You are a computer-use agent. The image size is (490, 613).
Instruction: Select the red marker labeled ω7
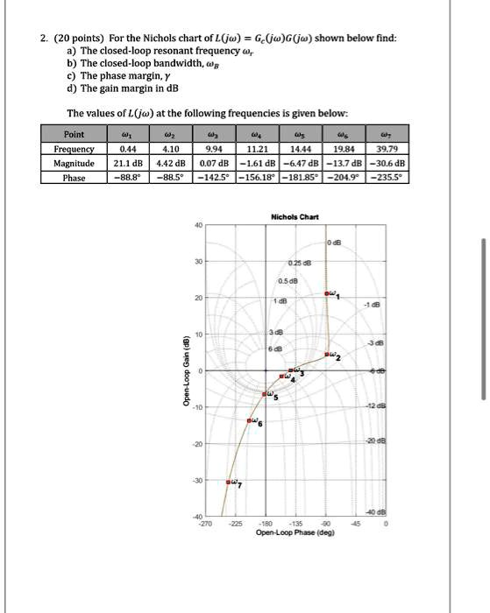[x=229, y=482]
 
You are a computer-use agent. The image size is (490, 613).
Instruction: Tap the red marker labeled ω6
[x=252, y=421]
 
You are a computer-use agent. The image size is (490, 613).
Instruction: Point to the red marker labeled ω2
[x=326, y=355]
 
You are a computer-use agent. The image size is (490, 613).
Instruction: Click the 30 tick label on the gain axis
[x=200, y=262]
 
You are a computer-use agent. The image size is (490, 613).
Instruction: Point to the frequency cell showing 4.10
[x=174, y=150]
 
